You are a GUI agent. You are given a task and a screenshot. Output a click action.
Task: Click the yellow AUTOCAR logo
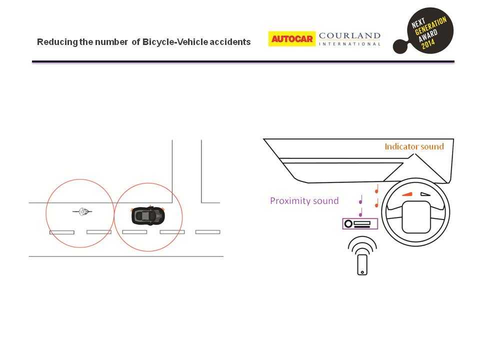(291, 39)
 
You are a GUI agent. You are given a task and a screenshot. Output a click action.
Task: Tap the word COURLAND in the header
(349, 36)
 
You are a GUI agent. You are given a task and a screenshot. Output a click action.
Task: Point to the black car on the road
(148, 215)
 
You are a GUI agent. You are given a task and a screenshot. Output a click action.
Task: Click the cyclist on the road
(82, 211)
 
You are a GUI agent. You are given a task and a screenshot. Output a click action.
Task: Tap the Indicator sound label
(414, 146)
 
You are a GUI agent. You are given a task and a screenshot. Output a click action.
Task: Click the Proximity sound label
(304, 201)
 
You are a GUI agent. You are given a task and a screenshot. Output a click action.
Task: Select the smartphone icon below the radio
(362, 265)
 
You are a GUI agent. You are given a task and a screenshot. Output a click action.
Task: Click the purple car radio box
(360, 224)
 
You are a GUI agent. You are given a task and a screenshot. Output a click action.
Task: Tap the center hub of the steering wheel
(416, 217)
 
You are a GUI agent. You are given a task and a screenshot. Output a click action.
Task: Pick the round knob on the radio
(348, 224)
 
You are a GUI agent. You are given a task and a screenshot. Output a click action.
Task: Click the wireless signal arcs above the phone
(362, 245)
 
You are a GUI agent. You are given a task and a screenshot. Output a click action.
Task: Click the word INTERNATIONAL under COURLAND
(349, 44)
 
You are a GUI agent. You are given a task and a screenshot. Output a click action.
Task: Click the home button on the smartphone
(362, 272)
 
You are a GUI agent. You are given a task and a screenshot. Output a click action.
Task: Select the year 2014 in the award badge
(428, 43)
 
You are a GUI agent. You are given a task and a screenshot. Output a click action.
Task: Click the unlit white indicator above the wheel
(425, 194)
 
